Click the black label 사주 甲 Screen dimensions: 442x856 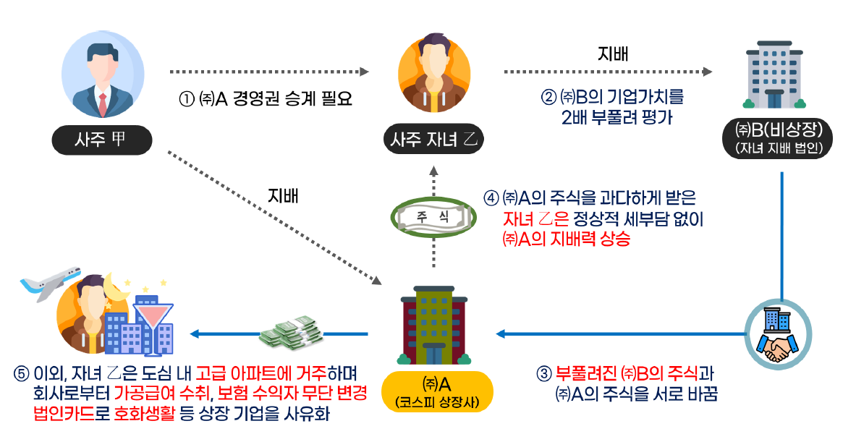[101, 140]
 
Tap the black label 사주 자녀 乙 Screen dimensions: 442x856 [431, 139]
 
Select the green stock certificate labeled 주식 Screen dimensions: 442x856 [432, 216]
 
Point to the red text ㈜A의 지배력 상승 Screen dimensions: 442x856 [565, 240]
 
